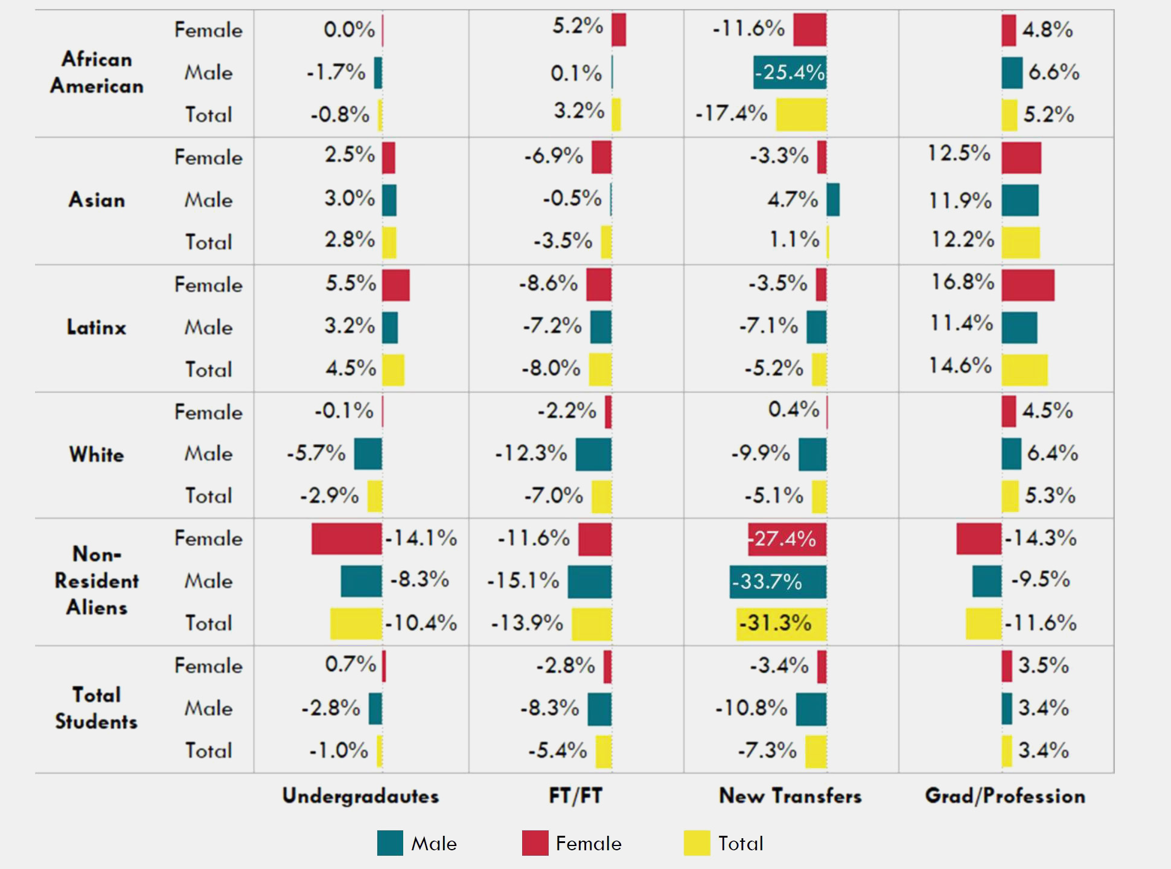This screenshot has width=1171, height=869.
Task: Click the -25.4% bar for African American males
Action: coord(790,72)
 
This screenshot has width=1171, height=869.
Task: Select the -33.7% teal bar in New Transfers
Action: coord(777,582)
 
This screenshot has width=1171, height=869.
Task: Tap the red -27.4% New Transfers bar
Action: coord(787,539)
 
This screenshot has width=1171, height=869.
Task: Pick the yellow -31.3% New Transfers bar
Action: coord(781,623)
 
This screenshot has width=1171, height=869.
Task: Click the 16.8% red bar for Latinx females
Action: coord(1028,285)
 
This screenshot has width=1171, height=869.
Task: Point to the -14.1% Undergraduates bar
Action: coord(346,539)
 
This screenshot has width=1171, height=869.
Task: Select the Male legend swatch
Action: coord(390,843)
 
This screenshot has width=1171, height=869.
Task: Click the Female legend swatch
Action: coord(535,843)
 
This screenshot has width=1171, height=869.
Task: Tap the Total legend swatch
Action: coord(697,843)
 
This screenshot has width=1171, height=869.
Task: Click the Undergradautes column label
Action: coord(360,796)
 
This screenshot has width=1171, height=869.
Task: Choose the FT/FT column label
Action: coord(575,796)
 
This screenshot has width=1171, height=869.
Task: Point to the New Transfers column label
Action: coord(790,796)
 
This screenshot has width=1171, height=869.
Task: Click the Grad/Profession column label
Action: coord(1005,796)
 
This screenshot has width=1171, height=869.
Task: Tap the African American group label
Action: coord(97,72)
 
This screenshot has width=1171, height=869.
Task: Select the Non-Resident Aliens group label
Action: coord(97,581)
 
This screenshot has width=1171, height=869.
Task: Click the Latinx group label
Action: coord(97,327)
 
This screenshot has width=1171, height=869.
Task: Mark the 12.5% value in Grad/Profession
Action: coord(959,153)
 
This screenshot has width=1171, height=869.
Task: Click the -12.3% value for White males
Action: coord(531,453)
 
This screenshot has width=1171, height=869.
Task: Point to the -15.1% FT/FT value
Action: coord(523,580)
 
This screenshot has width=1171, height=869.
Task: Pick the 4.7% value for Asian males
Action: coord(793,199)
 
